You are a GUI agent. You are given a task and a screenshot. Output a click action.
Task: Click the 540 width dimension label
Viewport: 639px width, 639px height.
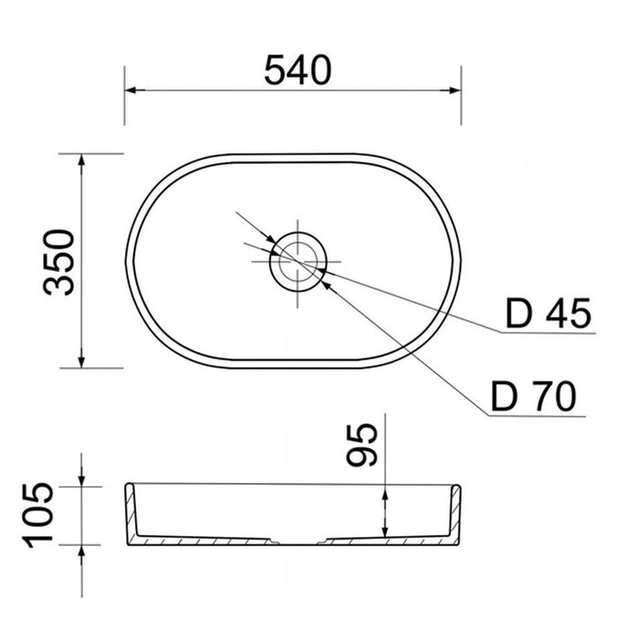click(298, 70)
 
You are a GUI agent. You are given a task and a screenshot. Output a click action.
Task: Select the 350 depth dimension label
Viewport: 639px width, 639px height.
click(59, 262)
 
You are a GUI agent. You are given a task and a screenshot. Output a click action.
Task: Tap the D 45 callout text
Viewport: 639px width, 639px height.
click(548, 313)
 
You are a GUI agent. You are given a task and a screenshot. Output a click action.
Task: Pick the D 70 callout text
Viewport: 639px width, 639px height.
click(534, 395)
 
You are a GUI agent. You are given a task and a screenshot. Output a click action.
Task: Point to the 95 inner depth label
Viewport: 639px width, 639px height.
click(361, 445)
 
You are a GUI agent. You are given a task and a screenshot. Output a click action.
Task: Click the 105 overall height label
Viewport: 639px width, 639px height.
click(37, 515)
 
